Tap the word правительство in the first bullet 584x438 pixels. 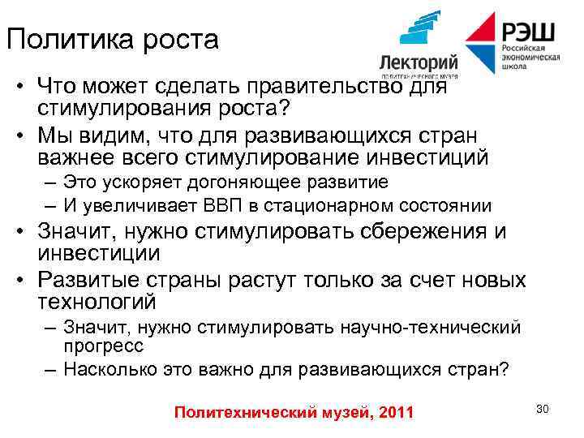[x=340, y=85]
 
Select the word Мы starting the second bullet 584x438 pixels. [x=55, y=134]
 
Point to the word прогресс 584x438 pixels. [x=103, y=346]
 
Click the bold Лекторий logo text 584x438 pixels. [x=419, y=63]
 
